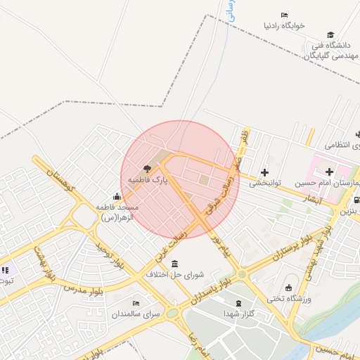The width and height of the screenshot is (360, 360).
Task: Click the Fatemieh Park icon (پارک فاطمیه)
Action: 147,169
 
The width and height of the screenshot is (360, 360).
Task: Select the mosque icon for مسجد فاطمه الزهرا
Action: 117,196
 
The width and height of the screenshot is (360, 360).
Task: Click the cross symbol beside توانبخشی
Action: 264,172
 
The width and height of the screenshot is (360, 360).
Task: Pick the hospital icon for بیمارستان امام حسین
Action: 329,172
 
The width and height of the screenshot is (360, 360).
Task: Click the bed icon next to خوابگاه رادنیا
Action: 284,15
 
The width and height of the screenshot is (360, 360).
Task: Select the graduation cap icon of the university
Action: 330,34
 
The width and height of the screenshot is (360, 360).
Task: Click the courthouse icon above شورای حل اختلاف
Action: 174,264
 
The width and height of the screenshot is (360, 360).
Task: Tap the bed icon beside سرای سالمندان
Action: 136,302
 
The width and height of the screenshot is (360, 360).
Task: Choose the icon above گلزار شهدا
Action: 238,303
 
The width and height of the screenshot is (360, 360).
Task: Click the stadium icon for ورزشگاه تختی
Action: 288,288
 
